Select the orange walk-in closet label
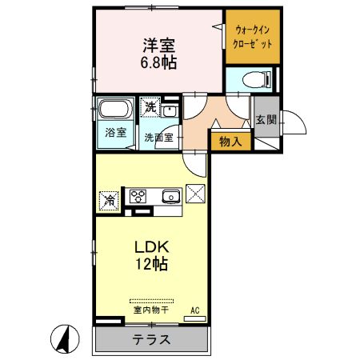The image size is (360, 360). tap(252, 37)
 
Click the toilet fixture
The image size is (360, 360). tap(250, 79)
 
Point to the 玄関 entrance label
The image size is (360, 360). tap(266, 120)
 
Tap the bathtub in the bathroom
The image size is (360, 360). tap(116, 110)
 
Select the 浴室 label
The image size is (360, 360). tap(116, 133)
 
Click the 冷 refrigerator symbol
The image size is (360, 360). tap(107, 199)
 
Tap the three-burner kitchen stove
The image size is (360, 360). tap(138, 196)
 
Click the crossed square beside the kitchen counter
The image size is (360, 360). tap(196, 194)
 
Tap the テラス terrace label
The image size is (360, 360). tap(151, 338)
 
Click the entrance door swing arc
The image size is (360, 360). tap(294, 122)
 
